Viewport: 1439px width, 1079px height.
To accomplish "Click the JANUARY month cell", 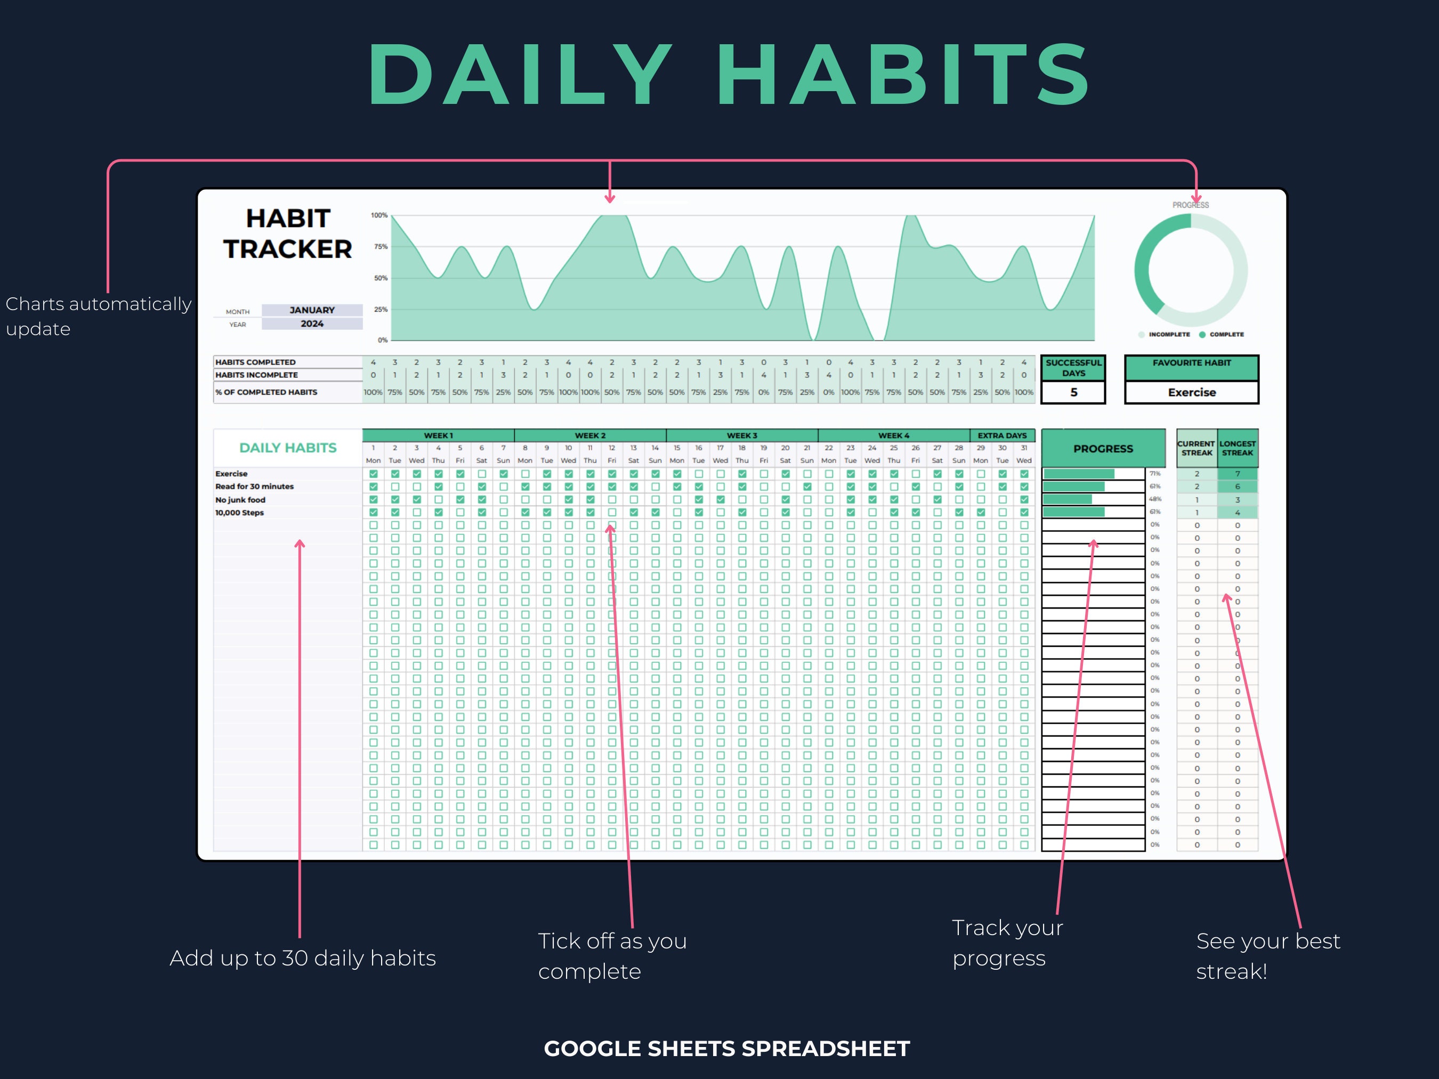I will pos(312,310).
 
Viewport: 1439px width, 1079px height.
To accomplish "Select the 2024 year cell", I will pos(312,324).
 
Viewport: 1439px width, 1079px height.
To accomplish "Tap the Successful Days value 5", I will pos(1073,392).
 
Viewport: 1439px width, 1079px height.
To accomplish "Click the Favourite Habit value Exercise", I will pos(1191,392).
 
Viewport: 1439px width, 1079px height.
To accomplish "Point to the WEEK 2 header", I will pos(590,435).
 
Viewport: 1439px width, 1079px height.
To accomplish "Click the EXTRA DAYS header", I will pos(1002,435).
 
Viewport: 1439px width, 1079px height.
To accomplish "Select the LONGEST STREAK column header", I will pos(1238,448).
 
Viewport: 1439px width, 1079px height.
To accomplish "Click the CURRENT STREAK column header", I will pos(1197,448).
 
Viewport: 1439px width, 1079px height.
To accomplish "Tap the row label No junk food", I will pos(240,499).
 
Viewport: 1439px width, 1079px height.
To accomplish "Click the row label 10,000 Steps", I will pos(239,513).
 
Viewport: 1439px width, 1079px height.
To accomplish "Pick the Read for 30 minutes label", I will pos(254,486).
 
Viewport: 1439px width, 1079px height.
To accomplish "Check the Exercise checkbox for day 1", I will pos(374,474).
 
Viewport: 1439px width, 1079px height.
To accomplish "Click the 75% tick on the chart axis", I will pos(381,247).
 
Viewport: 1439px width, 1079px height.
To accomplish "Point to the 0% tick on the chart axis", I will pos(383,340).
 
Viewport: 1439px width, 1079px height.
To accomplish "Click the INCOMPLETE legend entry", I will pos(1168,334).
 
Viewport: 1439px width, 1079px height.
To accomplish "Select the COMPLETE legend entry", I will pos(1226,334).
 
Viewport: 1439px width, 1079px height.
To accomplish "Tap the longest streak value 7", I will pos(1238,474).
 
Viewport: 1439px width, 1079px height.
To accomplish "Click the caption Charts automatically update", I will pos(98,316).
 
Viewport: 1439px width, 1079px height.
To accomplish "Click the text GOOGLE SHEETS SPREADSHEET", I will pos(726,1049).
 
